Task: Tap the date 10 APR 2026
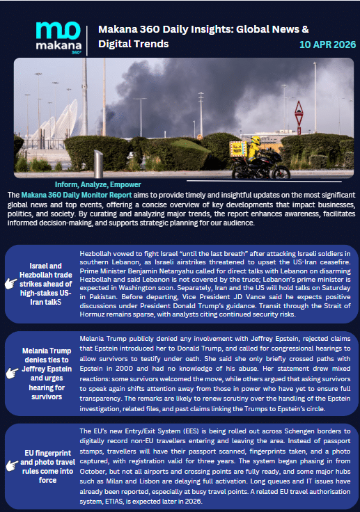point(327,44)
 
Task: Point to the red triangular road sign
point(299,109)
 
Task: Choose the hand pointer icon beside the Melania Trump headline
point(12,373)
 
